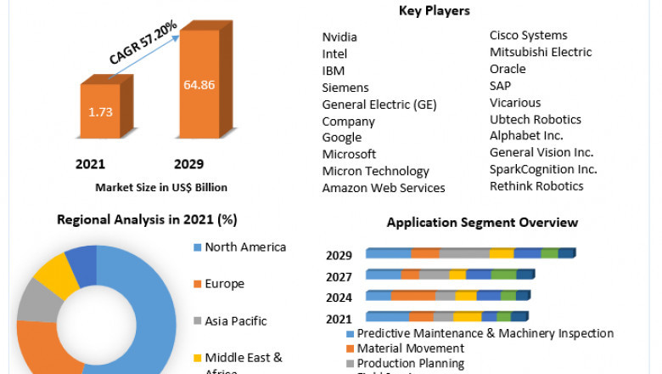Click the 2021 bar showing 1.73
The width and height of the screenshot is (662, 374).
point(101,111)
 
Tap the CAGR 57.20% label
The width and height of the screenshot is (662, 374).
point(143,43)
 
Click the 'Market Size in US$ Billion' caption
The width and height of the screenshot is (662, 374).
point(160,187)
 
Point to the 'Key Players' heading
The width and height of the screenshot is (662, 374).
point(434,11)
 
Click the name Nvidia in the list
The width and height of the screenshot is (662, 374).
point(339,37)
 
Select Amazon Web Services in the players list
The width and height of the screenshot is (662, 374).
point(384,188)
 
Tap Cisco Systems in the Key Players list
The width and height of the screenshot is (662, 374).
point(528,35)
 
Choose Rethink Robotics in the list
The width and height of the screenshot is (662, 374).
point(536,185)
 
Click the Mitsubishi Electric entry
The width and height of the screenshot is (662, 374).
point(541,52)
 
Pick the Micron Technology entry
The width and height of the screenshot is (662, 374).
point(375,171)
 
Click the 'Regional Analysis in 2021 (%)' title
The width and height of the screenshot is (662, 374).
point(147,219)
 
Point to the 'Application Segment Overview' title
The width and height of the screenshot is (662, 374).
point(482,223)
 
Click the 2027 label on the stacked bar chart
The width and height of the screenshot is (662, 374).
point(339,275)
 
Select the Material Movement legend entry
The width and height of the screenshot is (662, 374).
point(410,348)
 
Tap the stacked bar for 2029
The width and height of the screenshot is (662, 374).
point(471,253)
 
